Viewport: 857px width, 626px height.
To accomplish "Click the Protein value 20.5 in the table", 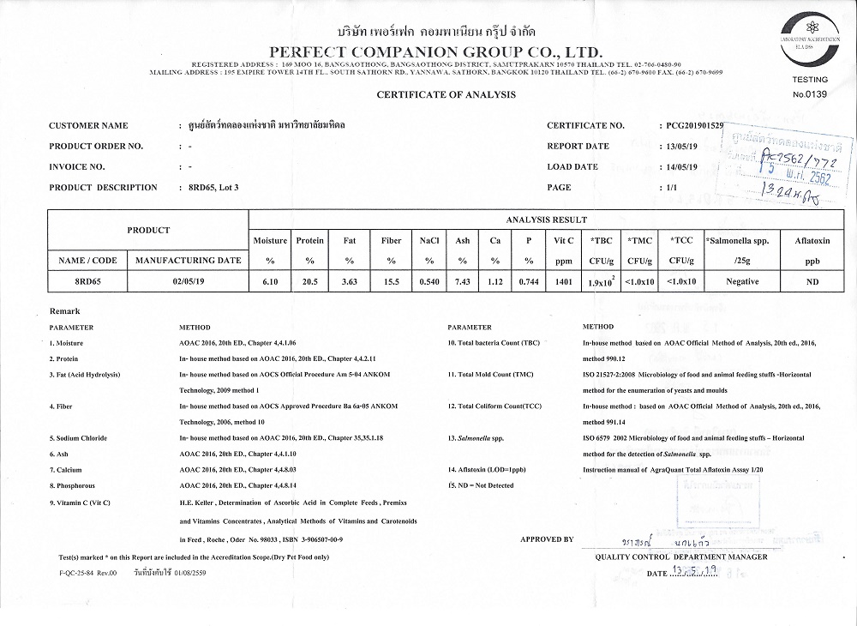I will click(x=310, y=281).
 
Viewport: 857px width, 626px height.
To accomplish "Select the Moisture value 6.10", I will click(x=270, y=281).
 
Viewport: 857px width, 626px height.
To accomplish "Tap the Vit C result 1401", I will click(x=564, y=281).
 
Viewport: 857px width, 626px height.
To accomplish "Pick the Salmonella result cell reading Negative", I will click(x=742, y=281).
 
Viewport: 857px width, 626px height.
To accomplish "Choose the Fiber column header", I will click(x=391, y=241).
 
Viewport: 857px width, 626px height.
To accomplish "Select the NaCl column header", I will click(x=428, y=241).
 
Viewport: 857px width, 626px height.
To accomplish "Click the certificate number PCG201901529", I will click(x=695, y=125).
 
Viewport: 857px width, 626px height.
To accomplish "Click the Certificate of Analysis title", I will click(x=446, y=94).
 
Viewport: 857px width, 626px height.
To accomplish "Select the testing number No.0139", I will click(x=810, y=93).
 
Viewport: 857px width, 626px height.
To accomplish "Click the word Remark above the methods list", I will click(x=65, y=311).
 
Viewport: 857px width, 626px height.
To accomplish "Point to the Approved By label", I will click(x=547, y=539).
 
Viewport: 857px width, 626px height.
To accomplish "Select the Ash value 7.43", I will click(x=463, y=281).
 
